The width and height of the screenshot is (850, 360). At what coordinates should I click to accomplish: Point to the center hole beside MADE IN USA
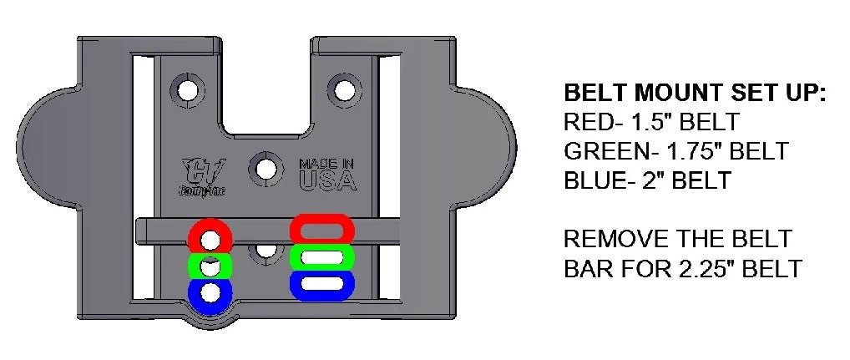click(x=266, y=169)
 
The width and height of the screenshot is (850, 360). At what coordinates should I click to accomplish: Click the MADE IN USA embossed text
click(x=327, y=173)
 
